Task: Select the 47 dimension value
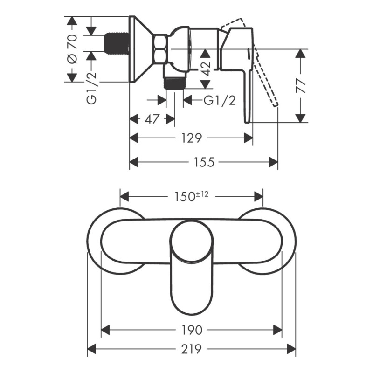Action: click(152, 119)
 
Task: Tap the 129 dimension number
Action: click(192, 138)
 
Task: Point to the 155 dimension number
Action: click(204, 162)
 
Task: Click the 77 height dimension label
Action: click(300, 86)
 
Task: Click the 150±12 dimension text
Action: click(192, 196)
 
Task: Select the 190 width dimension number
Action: click(192, 330)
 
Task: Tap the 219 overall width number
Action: click(192, 349)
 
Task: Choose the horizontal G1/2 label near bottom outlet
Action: click(220, 100)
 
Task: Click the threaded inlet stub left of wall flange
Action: click(117, 43)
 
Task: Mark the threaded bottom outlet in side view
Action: click(175, 83)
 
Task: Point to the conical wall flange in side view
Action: click(141, 49)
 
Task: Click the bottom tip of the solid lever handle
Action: click(248, 122)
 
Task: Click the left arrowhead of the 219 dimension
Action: click(92, 349)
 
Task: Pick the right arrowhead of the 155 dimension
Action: click(273, 162)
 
